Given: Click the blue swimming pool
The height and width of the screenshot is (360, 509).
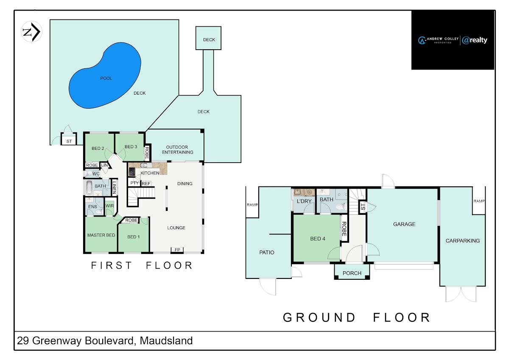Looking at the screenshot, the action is tap(105, 76).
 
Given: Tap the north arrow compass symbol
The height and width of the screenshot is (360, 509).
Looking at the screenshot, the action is tap(31, 32).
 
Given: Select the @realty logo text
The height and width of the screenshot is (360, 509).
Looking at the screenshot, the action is tap(475, 40).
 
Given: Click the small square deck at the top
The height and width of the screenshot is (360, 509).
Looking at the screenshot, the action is tap(208, 38).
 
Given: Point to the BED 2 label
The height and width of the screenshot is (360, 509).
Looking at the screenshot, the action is tap(98, 148).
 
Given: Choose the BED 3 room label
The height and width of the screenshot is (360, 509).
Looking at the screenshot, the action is tap(131, 147).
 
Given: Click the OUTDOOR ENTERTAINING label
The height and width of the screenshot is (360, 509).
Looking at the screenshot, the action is tap(177, 149).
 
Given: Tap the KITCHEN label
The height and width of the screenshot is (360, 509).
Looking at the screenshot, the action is tap(150, 173).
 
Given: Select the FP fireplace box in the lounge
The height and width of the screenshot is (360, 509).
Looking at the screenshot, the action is tap(177, 250).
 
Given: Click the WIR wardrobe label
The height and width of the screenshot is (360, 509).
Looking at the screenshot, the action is tap(109, 206).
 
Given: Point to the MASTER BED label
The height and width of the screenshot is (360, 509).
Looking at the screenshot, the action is tap(101, 235).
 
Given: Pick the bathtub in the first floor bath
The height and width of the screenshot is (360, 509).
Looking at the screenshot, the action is tap(89, 188).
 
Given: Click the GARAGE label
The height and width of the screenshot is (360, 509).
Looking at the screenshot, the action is tap(404, 224).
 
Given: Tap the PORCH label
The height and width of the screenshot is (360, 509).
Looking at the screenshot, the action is tap(352, 273).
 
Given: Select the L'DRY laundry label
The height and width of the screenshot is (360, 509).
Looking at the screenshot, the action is tap(304, 201).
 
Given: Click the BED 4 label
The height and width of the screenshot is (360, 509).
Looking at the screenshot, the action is tap(317, 239).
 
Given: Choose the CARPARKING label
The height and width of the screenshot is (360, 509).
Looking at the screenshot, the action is tap(463, 241).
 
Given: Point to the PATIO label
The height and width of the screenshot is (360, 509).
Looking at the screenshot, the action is tap(266, 253).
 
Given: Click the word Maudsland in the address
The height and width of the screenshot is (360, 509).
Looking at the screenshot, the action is tap(166, 340).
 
